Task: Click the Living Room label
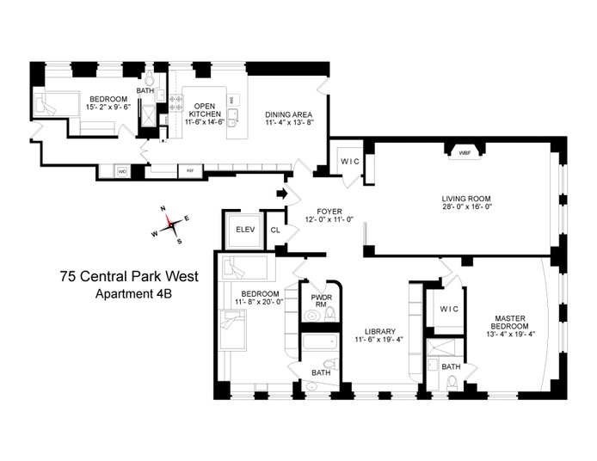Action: click(x=465, y=198)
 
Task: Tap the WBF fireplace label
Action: click(x=465, y=153)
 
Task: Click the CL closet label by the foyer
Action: click(x=275, y=230)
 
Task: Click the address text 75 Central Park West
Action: click(x=129, y=277)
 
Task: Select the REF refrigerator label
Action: click(x=189, y=171)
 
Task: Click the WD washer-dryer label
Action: click(x=122, y=171)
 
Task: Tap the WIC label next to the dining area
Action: click(x=349, y=162)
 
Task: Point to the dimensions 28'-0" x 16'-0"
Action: click(x=465, y=206)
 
